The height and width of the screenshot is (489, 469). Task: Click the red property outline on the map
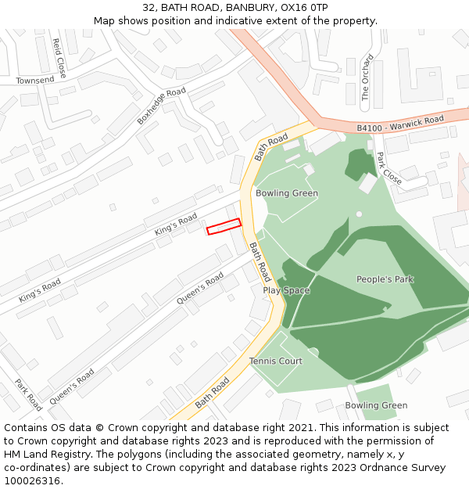click(224, 226)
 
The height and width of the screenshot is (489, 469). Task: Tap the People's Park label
click(385, 279)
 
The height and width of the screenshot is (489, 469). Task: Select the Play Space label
click(286, 290)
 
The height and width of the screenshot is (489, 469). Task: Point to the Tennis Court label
click(276, 361)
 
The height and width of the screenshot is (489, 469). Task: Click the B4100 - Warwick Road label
click(400, 122)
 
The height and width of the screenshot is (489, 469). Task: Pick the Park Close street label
click(389, 169)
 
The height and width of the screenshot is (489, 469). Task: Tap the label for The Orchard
click(365, 77)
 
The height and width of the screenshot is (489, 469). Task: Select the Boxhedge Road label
click(162, 106)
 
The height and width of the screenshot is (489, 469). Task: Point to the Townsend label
click(35, 80)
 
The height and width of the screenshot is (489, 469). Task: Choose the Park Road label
click(29, 395)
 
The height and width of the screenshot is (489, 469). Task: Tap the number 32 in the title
click(149, 7)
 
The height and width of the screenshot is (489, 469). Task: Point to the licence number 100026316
click(30, 481)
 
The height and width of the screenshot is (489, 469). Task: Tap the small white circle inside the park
click(359, 214)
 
